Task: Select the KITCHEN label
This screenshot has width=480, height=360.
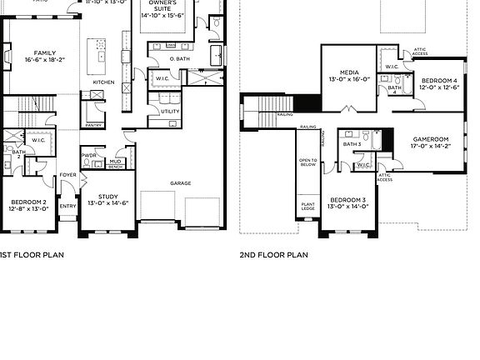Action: (x=103, y=82)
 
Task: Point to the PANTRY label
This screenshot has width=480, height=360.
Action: (x=94, y=125)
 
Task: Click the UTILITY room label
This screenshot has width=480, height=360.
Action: (x=170, y=110)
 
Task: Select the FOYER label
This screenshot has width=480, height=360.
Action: (x=67, y=175)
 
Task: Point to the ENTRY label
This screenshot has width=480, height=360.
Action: (x=67, y=206)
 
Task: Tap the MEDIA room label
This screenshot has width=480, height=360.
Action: (x=349, y=76)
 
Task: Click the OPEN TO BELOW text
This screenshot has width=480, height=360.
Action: (x=308, y=162)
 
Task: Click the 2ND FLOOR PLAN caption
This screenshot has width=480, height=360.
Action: (x=274, y=256)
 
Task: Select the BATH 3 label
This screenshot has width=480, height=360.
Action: (x=352, y=144)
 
